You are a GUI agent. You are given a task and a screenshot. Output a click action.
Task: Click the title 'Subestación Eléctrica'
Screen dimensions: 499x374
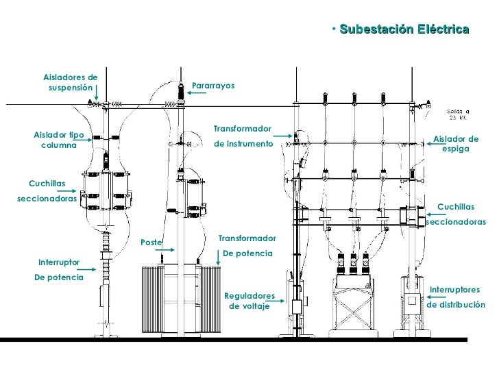[404, 29]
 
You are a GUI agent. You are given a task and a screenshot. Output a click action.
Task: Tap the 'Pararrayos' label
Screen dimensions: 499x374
[213, 86]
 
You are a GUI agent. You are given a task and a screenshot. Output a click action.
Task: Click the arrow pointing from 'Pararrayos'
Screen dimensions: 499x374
[196, 93]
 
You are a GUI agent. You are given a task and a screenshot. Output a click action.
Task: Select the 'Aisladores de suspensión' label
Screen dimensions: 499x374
[71, 82]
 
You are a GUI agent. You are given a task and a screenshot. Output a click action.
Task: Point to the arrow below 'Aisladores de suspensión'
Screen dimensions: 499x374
[96, 92]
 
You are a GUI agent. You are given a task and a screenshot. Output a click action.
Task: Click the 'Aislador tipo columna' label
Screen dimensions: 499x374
[59, 140]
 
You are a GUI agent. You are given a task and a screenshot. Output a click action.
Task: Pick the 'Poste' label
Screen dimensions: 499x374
[151, 242]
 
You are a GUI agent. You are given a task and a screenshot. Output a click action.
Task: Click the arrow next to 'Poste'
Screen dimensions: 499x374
[165, 250]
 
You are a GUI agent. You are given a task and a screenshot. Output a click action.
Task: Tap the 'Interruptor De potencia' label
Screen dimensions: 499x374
[59, 270]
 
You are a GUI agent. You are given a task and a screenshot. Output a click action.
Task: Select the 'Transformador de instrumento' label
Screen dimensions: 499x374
[243, 136]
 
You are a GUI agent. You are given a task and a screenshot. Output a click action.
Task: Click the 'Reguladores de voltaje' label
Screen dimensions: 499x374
[249, 301]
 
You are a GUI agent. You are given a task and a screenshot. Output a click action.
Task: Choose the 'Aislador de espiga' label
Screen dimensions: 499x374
[456, 144]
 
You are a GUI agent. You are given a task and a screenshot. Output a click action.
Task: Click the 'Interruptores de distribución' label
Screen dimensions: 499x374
[456, 297]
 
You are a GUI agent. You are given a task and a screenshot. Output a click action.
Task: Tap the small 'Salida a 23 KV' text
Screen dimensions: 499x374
[458, 114]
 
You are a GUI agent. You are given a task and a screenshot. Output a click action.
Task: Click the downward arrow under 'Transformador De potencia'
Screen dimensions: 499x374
[218, 258]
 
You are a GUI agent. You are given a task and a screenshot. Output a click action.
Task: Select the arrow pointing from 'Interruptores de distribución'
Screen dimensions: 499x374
[437, 297]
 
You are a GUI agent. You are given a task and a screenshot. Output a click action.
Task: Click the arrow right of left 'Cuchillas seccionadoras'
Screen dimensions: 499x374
[66, 191]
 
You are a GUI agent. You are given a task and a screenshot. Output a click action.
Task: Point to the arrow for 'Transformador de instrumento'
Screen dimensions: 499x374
[282, 136]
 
